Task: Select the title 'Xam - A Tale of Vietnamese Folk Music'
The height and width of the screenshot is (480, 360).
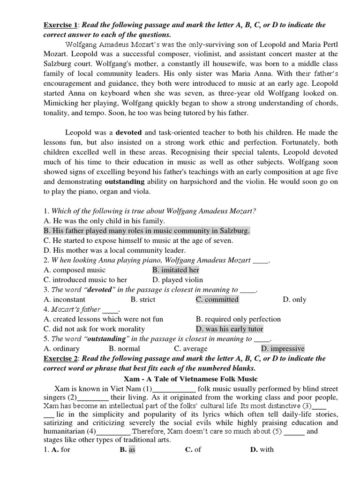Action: (x=190, y=379)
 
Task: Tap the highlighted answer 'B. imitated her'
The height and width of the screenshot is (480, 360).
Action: (x=176, y=270)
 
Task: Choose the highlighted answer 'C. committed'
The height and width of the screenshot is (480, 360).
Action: (x=217, y=300)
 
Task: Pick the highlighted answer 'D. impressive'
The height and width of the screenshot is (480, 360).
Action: (x=283, y=349)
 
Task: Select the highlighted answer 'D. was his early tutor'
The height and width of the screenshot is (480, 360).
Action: (x=230, y=329)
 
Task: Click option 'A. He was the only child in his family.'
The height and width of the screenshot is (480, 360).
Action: (x=104, y=221)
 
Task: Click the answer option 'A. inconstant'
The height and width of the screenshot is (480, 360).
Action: (x=65, y=300)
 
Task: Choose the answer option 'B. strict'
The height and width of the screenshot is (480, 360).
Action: (x=143, y=300)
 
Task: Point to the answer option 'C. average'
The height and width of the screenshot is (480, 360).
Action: (x=191, y=349)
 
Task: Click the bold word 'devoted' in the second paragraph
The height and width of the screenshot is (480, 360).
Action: (x=129, y=133)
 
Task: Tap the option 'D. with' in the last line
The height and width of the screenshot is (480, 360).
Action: (x=262, y=450)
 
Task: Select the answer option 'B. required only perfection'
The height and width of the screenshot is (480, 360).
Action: (x=238, y=319)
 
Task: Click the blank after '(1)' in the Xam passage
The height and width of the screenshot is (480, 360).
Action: (x=174, y=389)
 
